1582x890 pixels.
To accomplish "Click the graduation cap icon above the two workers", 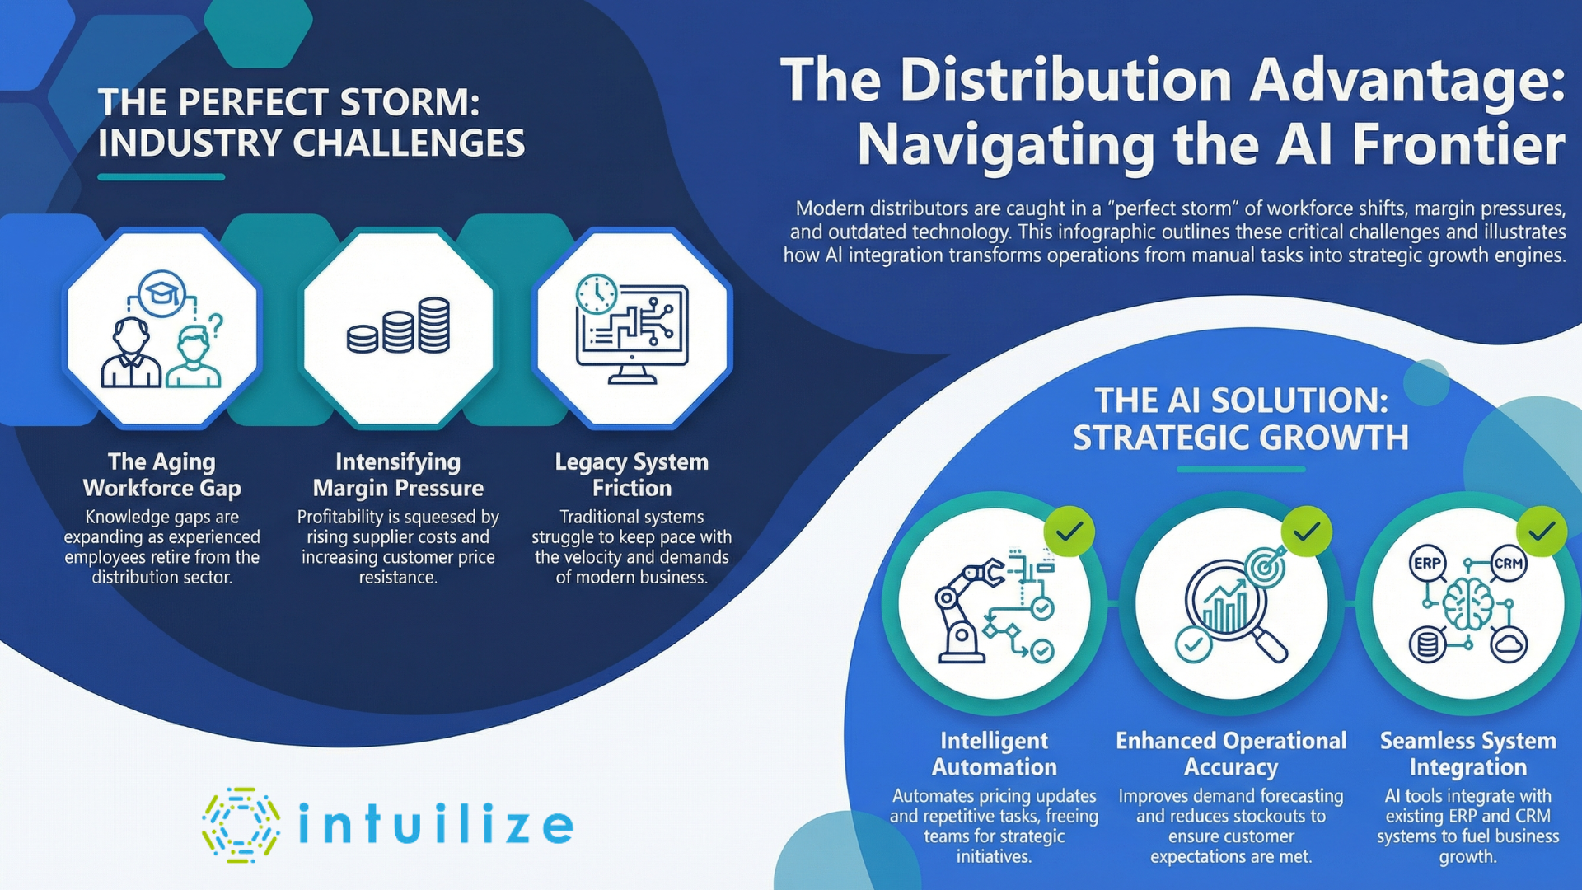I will [x=162, y=292].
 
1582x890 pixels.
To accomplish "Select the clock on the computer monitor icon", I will [x=597, y=294].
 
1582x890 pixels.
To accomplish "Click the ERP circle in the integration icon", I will [x=1427, y=564].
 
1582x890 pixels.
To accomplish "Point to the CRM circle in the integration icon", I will [x=1509, y=564].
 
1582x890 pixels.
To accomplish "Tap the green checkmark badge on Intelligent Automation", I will [x=1069, y=532].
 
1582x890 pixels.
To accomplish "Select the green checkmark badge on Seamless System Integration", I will [x=1542, y=532].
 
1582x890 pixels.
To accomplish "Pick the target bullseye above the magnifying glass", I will [x=1265, y=567].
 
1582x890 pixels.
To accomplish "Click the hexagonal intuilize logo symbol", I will [x=241, y=825].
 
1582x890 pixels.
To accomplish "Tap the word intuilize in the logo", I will [x=435, y=825].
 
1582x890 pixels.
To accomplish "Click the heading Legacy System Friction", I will [x=632, y=475].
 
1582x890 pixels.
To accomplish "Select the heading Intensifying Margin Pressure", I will [x=398, y=475].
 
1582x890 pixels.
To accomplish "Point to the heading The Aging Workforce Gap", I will [x=162, y=475].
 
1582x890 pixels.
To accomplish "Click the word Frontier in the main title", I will [x=1458, y=145].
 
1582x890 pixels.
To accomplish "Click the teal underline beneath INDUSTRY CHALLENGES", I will [x=161, y=176].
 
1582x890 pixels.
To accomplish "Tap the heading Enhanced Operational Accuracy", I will [x=1231, y=754].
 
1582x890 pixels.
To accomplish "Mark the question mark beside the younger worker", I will [x=216, y=324].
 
